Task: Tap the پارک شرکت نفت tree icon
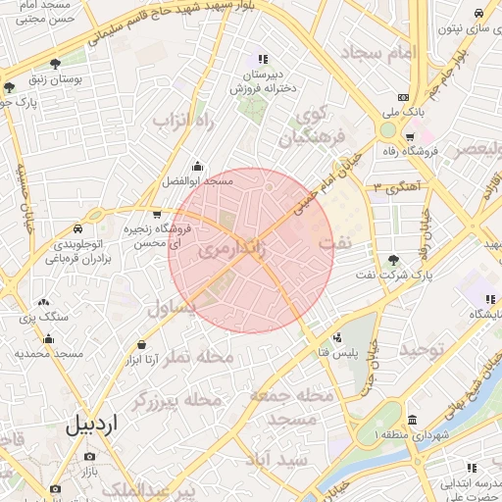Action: tap(393, 260)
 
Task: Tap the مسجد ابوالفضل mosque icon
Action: tap(198, 166)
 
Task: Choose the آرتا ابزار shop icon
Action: tap(143, 345)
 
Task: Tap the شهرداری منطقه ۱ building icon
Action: tap(412, 419)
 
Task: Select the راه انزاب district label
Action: tap(182, 121)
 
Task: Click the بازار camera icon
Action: tap(90, 457)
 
